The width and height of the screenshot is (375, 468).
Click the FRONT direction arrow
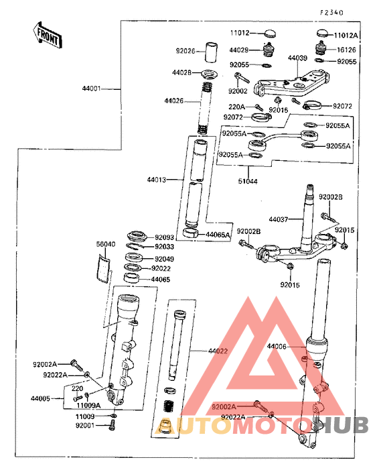coord(48,35)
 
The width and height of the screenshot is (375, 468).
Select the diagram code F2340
coord(331,13)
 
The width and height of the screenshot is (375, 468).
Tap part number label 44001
coord(92,89)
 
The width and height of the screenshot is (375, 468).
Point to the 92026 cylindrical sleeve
coord(211,52)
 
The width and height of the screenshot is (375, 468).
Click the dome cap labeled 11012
coord(271,33)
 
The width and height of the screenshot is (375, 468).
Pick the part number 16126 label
coord(347,50)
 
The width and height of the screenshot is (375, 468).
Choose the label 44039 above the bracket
coord(297,58)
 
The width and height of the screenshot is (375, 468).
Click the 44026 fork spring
coord(206,107)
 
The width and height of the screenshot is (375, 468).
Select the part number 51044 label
coord(248,181)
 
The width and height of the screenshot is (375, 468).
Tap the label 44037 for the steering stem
coord(279,219)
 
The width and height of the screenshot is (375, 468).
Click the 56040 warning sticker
coord(103,268)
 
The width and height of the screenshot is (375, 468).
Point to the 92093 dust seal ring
coord(137,236)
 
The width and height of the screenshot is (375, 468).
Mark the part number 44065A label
coord(218,235)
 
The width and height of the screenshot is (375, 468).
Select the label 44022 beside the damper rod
coord(218,351)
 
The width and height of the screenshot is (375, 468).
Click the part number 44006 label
coord(277,346)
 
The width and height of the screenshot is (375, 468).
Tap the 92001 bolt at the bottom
coord(112,425)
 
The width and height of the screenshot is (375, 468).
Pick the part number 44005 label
coord(41,398)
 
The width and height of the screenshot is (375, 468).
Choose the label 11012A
coord(346,36)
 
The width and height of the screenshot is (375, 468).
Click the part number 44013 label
coord(157,180)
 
